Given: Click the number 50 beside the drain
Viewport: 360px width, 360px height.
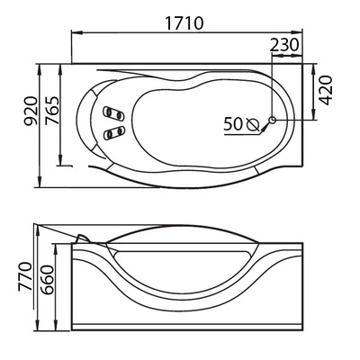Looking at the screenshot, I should click(x=232, y=125).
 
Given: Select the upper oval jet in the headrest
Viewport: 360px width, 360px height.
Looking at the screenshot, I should click(x=113, y=113).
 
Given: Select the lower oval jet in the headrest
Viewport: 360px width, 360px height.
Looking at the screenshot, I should click(x=113, y=132).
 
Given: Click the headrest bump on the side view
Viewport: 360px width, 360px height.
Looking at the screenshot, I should click(x=84, y=236).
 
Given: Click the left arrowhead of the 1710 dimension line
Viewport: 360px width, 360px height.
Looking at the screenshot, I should click(x=72, y=34).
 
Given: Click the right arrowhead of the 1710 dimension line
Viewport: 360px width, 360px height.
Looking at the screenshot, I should click(x=303, y=34).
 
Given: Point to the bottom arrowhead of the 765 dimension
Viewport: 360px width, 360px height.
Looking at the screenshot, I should click(x=62, y=166).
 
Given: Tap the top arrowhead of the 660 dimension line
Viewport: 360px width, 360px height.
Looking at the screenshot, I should click(x=62, y=242).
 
